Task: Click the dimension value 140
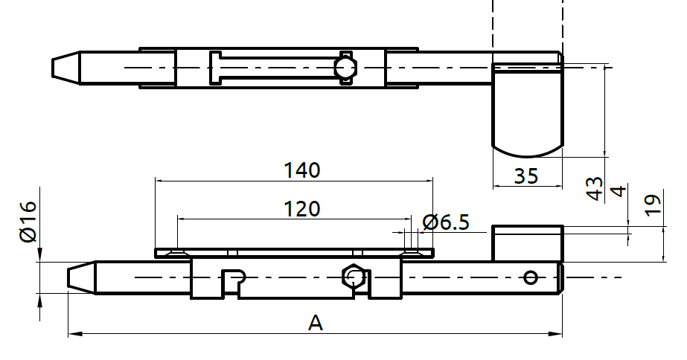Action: point(301,170)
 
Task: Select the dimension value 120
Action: point(301,208)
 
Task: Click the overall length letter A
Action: point(316,323)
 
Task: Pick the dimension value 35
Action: point(526,176)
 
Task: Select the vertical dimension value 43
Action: point(594,188)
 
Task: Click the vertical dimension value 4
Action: point(617,192)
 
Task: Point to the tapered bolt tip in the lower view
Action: point(81,277)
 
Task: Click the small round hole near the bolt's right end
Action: point(530,277)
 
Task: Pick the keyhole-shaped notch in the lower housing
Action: point(234,279)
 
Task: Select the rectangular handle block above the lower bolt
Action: point(526,243)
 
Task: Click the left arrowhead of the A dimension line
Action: point(72,335)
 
